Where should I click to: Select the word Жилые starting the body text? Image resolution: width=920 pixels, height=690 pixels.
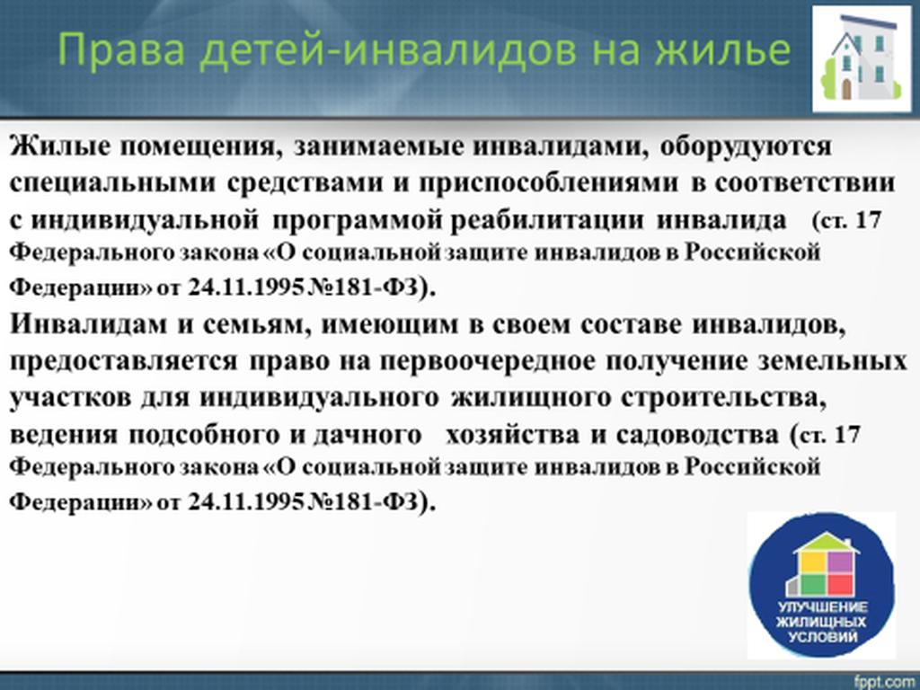(59, 146)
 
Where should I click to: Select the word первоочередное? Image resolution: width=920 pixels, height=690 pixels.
(488, 362)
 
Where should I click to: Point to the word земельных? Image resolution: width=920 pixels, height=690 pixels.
(831, 361)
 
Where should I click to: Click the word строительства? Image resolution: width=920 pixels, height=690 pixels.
(723, 398)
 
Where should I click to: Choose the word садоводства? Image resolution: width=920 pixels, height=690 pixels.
(697, 436)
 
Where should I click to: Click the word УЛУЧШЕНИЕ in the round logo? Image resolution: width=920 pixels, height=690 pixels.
(823, 607)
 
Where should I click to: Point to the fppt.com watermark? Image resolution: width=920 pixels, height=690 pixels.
(886, 682)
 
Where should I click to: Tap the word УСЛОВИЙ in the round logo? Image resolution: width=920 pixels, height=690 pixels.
(823, 637)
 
